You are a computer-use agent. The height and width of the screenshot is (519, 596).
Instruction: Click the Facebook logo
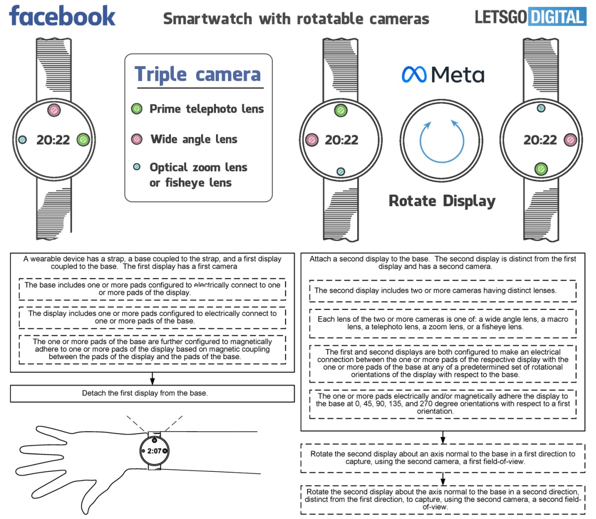coord(62,16)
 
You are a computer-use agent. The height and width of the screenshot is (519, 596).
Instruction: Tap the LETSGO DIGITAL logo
coord(530,17)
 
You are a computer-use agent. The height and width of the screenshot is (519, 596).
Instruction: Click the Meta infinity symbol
coord(414,74)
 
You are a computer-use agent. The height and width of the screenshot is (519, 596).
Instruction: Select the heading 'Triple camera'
coord(198,74)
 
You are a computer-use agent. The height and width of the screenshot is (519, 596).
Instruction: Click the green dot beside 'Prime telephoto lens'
coord(137,109)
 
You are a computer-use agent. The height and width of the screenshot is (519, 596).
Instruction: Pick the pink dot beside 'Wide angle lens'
coord(137,139)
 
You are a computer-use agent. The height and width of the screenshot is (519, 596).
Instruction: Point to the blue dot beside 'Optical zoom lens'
coord(137,167)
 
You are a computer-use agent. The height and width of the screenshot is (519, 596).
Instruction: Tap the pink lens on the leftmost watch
coord(54,110)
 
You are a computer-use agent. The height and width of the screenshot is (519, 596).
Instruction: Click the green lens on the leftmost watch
coord(83,140)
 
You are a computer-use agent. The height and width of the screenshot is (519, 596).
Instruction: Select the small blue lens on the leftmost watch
coord(22,140)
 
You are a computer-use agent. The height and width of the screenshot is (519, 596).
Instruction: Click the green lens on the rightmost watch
coord(541,169)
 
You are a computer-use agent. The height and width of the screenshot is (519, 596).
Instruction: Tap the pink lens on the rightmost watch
coord(571,140)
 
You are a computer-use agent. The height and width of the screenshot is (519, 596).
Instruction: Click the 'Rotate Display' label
coord(442,201)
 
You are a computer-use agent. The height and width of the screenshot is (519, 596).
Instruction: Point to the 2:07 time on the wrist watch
coord(154,451)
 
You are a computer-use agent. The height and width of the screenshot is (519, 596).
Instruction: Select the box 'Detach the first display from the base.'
coord(152,393)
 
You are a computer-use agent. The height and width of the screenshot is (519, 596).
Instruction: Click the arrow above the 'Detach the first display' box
coord(152,378)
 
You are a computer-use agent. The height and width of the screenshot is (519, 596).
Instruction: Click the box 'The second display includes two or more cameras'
coord(443,291)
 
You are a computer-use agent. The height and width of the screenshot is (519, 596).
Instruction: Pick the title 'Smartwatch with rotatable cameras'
coord(296,19)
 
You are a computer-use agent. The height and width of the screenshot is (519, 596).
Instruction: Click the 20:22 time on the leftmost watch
coord(53,140)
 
